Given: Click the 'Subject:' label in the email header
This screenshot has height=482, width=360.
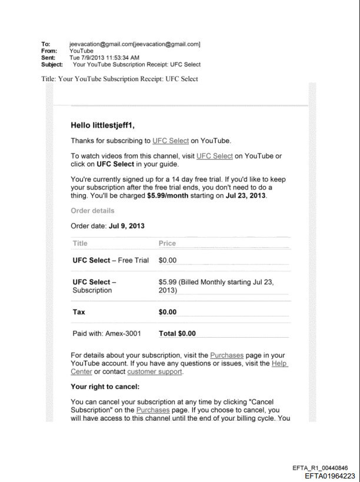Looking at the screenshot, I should pos(52,65).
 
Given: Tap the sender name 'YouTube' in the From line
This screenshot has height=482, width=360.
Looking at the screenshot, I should pos(81,51).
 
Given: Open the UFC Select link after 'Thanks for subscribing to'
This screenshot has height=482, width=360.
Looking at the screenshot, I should pos(171,141).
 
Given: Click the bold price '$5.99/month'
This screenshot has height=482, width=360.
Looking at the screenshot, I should pos(168,195).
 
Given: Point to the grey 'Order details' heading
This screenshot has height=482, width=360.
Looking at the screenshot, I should pos(92,211).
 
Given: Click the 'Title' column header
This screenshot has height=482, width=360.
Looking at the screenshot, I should pos(80,243).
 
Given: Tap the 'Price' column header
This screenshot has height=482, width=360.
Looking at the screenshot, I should pos(167,243).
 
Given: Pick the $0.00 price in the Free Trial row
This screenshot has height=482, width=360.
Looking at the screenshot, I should pos(168,260).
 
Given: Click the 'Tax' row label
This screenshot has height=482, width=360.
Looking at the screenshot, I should pos(79,312).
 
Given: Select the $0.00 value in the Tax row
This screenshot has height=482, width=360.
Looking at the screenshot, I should pos(168,312).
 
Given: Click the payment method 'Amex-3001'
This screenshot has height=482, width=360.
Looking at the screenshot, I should pos(123,333).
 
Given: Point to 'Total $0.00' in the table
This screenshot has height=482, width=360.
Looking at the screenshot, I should pos(177,333).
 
